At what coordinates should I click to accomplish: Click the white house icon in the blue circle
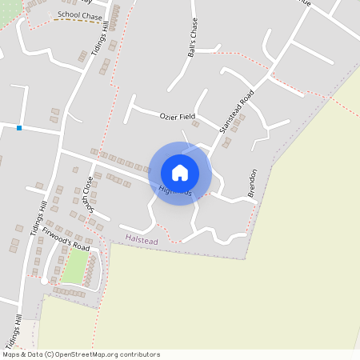180,173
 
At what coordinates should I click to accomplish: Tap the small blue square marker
19,127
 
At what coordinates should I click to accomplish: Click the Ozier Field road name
178,116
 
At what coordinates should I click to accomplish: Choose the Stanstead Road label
236,111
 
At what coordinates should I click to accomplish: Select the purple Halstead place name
141,238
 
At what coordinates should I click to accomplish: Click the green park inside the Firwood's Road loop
75,265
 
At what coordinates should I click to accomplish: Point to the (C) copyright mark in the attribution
50,354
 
